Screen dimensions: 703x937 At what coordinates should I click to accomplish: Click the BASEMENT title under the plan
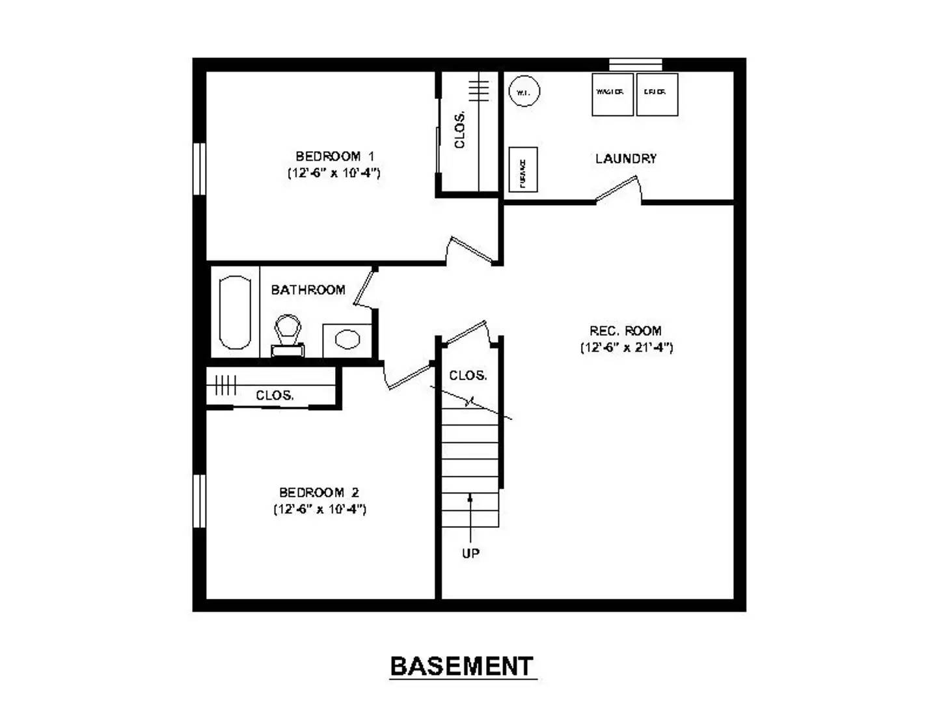pyautogui.click(x=462, y=667)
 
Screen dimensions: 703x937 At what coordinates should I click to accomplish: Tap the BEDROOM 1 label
pyautogui.click(x=334, y=156)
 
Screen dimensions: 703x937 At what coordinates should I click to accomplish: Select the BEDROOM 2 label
pyautogui.click(x=319, y=493)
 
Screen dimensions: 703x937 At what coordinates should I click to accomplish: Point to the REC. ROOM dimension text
pyautogui.click(x=627, y=348)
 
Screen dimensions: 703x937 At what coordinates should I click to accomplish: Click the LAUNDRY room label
pyautogui.click(x=626, y=158)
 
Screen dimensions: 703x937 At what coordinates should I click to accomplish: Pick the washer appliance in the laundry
pyautogui.click(x=612, y=94)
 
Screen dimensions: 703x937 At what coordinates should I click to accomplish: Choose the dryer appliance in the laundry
pyautogui.click(x=657, y=94)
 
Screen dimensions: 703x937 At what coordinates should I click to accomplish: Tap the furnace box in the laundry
pyautogui.click(x=523, y=170)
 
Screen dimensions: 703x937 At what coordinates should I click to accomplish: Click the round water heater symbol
pyautogui.click(x=524, y=92)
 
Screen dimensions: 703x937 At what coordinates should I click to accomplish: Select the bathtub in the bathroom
pyautogui.click(x=235, y=312)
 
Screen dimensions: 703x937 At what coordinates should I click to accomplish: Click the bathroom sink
pyautogui.click(x=347, y=340)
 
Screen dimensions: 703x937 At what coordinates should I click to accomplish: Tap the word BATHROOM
pyautogui.click(x=308, y=290)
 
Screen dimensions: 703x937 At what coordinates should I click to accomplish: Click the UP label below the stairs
pyautogui.click(x=470, y=553)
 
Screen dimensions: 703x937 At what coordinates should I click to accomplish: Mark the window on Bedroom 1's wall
pyautogui.click(x=200, y=169)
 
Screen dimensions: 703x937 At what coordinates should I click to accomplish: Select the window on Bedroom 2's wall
pyautogui.click(x=200, y=501)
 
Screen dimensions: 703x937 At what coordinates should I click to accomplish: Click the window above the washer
pyautogui.click(x=635, y=64)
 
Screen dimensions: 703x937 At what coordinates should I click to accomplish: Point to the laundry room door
pyautogui.click(x=619, y=191)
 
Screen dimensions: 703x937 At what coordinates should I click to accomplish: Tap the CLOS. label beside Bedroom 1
pyautogui.click(x=460, y=130)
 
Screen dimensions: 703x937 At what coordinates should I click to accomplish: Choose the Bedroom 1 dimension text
pyautogui.click(x=334, y=173)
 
